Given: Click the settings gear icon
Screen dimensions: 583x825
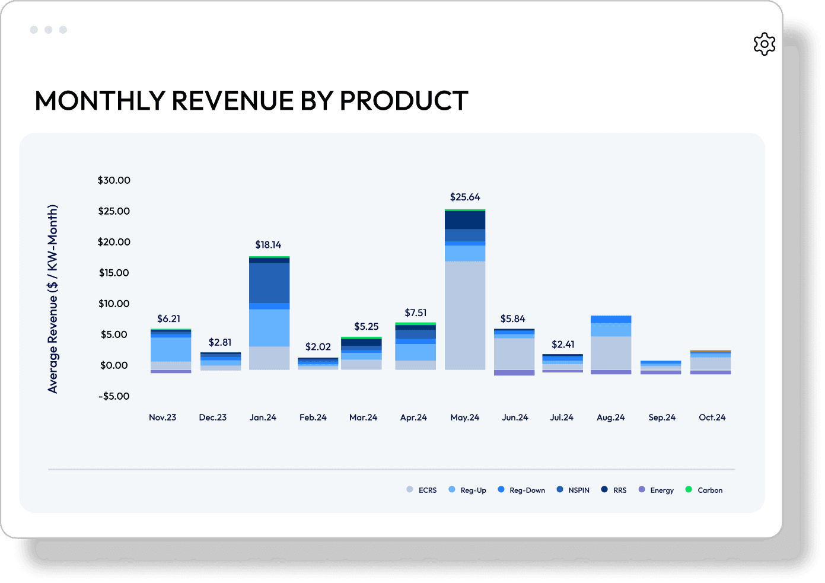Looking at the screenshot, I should (765, 44).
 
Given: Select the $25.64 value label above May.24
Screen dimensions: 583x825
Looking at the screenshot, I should (465, 197).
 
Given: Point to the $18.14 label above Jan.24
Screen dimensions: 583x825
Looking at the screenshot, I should (268, 245).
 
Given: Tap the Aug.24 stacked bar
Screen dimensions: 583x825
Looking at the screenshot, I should (611, 344).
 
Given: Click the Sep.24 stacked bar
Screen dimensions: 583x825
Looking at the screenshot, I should (661, 367).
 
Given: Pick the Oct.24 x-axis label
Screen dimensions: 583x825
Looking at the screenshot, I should (712, 418).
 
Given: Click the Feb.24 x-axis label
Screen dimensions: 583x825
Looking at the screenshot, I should (313, 418).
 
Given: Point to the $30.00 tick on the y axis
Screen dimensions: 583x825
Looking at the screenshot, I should (114, 180).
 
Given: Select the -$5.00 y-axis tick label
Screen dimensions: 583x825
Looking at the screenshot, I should (114, 396).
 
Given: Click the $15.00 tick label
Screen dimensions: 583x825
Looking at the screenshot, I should (114, 273).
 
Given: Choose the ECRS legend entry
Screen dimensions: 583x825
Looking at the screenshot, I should (422, 490).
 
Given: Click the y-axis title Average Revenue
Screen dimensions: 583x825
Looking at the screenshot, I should (53, 299).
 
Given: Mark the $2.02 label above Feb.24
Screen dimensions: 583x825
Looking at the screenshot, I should (318, 347).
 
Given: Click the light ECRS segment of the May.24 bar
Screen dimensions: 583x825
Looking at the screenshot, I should (465, 314).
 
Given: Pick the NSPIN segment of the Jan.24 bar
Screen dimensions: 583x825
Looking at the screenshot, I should (269, 282).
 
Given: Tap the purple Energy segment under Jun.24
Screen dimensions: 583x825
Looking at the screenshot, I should (514, 372).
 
